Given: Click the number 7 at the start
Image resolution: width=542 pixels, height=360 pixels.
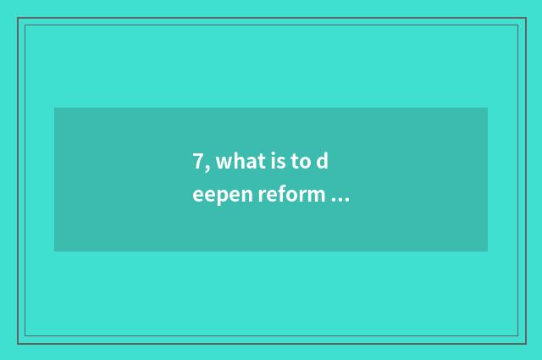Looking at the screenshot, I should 197,161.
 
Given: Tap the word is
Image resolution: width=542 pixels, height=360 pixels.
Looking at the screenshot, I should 273,161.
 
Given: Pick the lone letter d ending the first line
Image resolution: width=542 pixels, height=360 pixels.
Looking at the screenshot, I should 323,161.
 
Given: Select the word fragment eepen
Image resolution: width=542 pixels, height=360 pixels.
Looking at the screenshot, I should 222,197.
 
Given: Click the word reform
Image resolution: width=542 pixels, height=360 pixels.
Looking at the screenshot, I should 290,196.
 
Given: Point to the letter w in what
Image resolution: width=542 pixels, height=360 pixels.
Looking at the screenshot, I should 222,162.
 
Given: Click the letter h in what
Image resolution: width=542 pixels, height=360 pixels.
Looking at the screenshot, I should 235,161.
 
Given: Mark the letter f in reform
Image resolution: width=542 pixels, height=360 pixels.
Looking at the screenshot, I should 284,195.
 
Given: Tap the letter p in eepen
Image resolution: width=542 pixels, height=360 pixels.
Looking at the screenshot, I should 222,197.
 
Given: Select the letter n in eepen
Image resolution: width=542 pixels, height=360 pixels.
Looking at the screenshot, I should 245,197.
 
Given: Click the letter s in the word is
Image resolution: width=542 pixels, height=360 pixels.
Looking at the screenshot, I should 277,162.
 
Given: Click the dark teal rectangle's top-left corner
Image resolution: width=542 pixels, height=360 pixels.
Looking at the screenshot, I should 54,108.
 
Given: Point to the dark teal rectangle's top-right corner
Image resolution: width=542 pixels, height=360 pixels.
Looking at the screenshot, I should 488,108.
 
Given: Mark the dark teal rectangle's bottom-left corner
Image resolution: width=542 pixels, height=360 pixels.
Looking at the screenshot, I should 54,252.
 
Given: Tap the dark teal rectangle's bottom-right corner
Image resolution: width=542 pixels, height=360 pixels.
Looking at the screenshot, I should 488,252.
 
